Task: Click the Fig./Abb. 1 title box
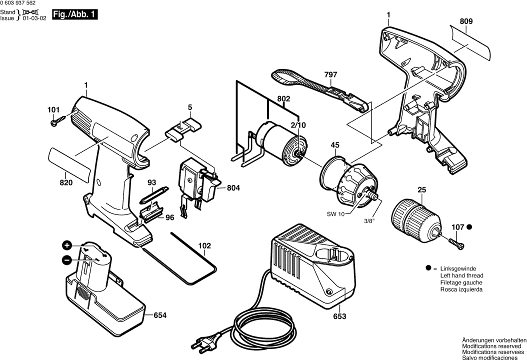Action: pos(74,15)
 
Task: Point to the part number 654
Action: pos(160,315)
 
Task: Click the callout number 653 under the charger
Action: pos(339,316)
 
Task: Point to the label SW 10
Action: pos(335,214)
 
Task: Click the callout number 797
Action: pos(330,75)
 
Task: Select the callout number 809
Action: pos(466,21)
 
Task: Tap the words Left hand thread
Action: pos(461,275)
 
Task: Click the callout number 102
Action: pos(204,245)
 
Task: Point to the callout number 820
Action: pos(66,183)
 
